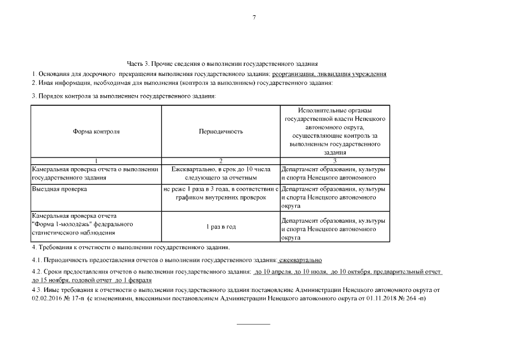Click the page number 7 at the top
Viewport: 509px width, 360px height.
(254, 18)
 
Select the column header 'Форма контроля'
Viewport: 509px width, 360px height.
(96, 132)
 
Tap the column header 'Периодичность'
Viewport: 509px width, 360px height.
(220, 132)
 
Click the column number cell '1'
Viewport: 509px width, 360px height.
(96, 161)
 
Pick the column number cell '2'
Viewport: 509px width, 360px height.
(220, 161)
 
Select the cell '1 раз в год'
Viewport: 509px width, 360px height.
(220, 226)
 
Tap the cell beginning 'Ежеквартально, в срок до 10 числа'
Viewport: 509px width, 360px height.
(220, 173)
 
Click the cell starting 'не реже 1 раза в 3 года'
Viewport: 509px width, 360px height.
(220, 193)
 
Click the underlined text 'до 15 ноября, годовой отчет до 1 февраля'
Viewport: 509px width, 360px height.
(92, 280)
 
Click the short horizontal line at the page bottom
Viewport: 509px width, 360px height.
(253, 324)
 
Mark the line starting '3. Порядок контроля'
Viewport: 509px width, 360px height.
(124, 96)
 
